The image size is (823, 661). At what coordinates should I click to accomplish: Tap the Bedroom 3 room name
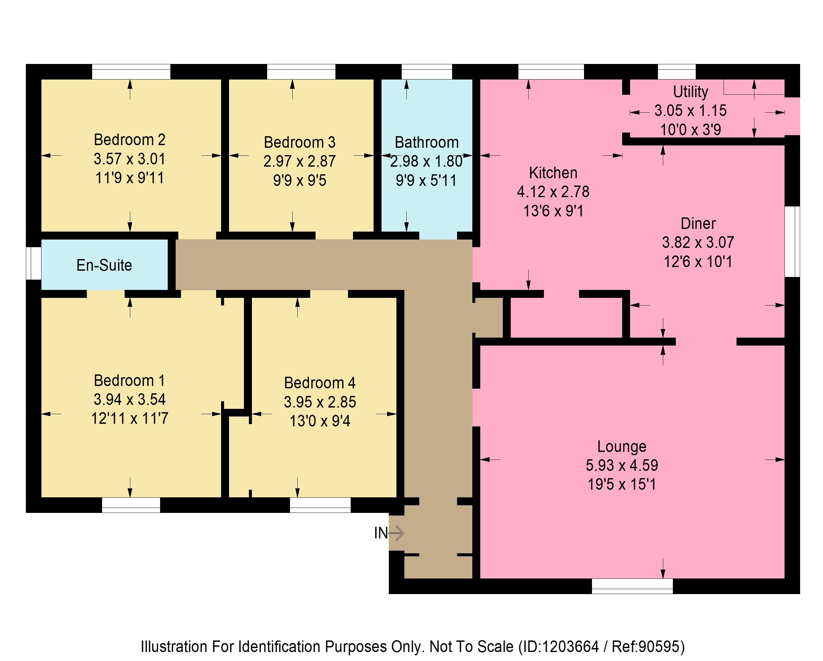tap(300, 142)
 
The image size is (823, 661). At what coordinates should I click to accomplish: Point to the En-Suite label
tap(104, 265)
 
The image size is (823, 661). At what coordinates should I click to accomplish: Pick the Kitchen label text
tap(553, 173)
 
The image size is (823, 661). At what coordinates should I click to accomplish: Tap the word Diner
tap(698, 224)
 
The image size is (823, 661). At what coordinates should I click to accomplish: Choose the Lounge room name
tap(622, 447)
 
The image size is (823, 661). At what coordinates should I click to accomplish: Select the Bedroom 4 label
tap(320, 383)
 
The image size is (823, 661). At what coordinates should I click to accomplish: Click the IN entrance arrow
tap(396, 533)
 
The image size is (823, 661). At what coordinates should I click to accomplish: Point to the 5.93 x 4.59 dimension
tap(622, 465)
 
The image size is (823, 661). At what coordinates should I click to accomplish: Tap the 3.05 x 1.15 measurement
tap(690, 111)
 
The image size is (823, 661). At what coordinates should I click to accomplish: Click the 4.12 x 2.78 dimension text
tap(553, 192)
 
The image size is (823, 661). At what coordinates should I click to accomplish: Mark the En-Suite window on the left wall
tap(33, 263)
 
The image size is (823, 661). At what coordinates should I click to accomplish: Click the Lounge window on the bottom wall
tap(632, 586)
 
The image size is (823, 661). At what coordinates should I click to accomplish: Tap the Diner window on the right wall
tap(792, 242)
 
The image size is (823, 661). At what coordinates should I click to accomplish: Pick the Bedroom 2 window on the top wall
tap(131, 72)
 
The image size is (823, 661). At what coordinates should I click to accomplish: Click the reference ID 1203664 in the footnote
tap(570, 646)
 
